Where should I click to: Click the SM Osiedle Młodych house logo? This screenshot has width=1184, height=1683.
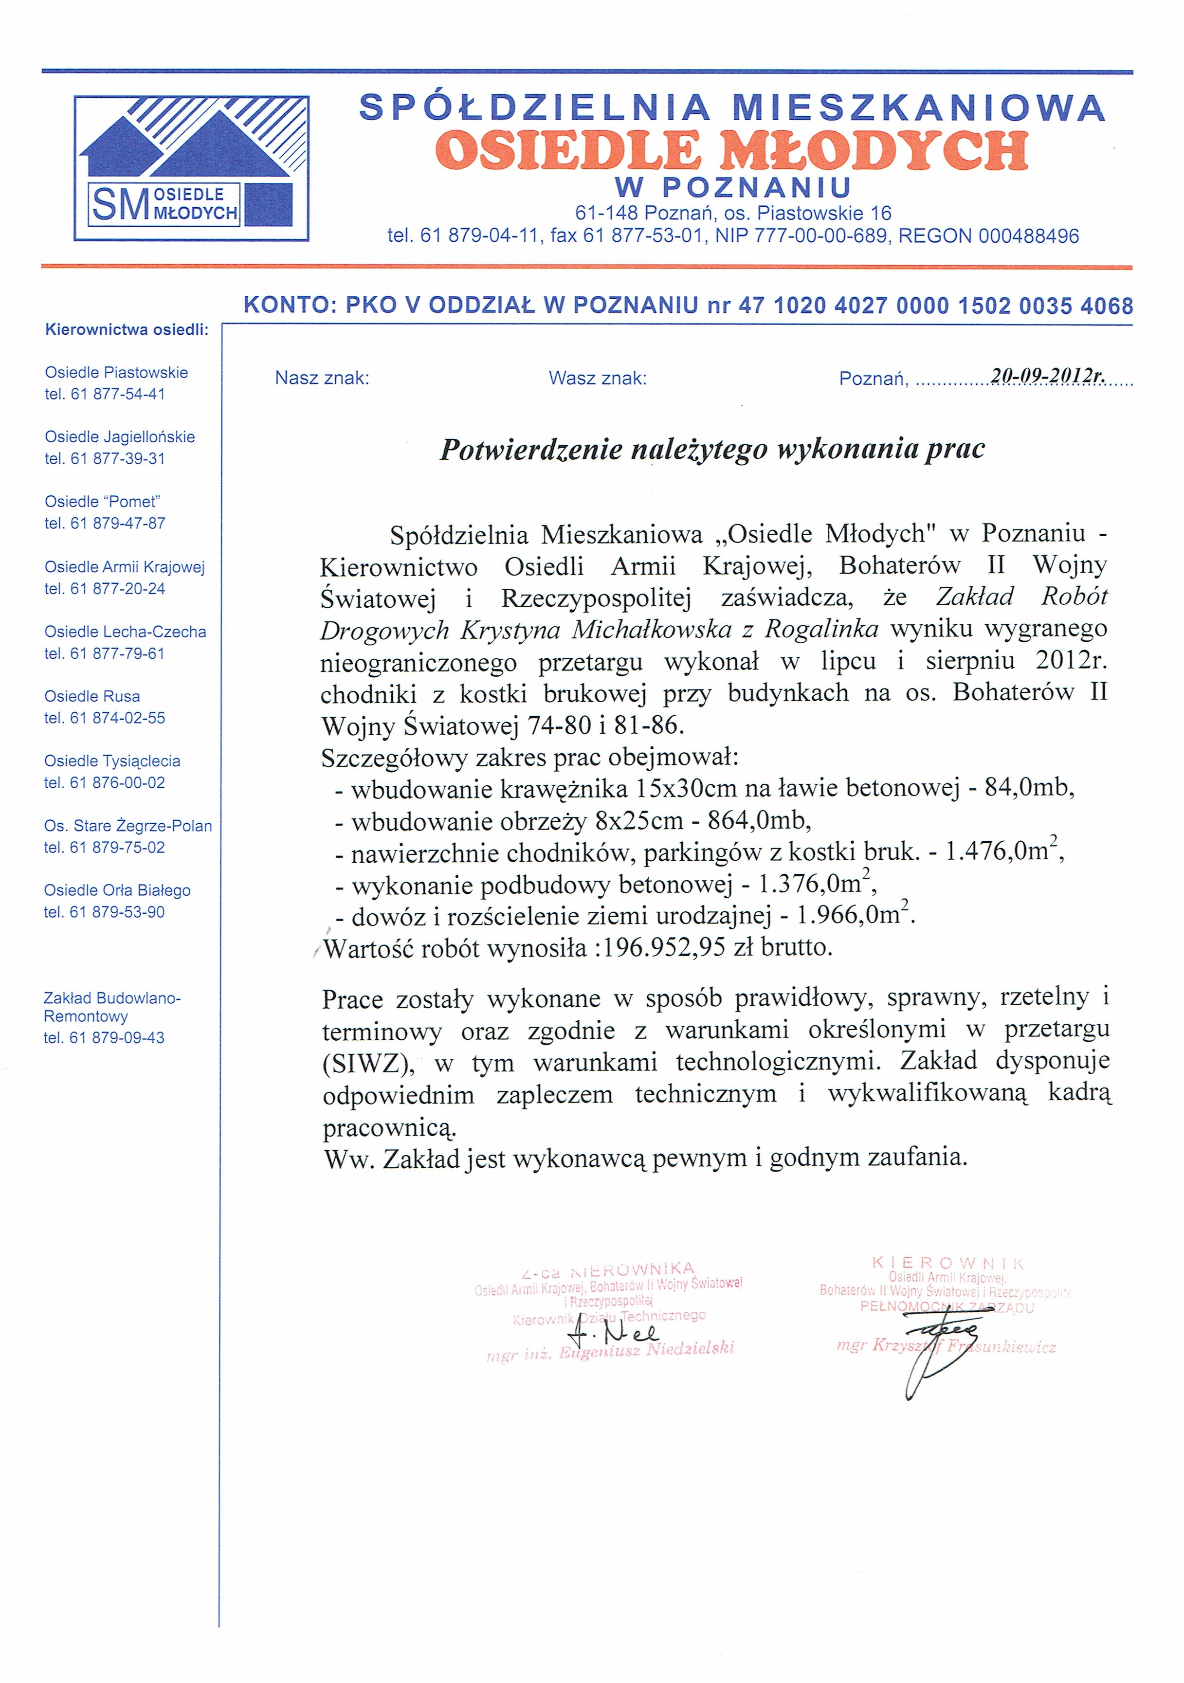point(191,168)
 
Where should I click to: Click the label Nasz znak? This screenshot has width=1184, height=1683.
point(322,378)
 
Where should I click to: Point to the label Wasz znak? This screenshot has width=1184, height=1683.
point(598,378)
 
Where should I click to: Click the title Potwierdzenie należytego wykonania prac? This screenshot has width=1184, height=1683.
point(712,449)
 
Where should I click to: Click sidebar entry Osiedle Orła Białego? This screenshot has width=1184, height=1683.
point(117,890)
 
